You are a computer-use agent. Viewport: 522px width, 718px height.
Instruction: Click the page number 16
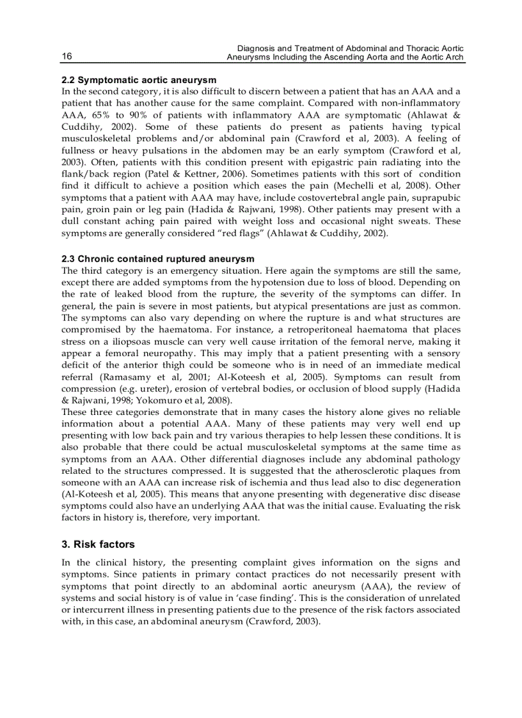pyautogui.click(x=67, y=57)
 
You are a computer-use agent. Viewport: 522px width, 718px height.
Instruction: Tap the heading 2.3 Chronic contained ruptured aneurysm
pyautogui.click(x=158, y=259)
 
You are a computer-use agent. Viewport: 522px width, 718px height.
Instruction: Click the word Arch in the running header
pyautogui.click(x=454, y=58)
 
